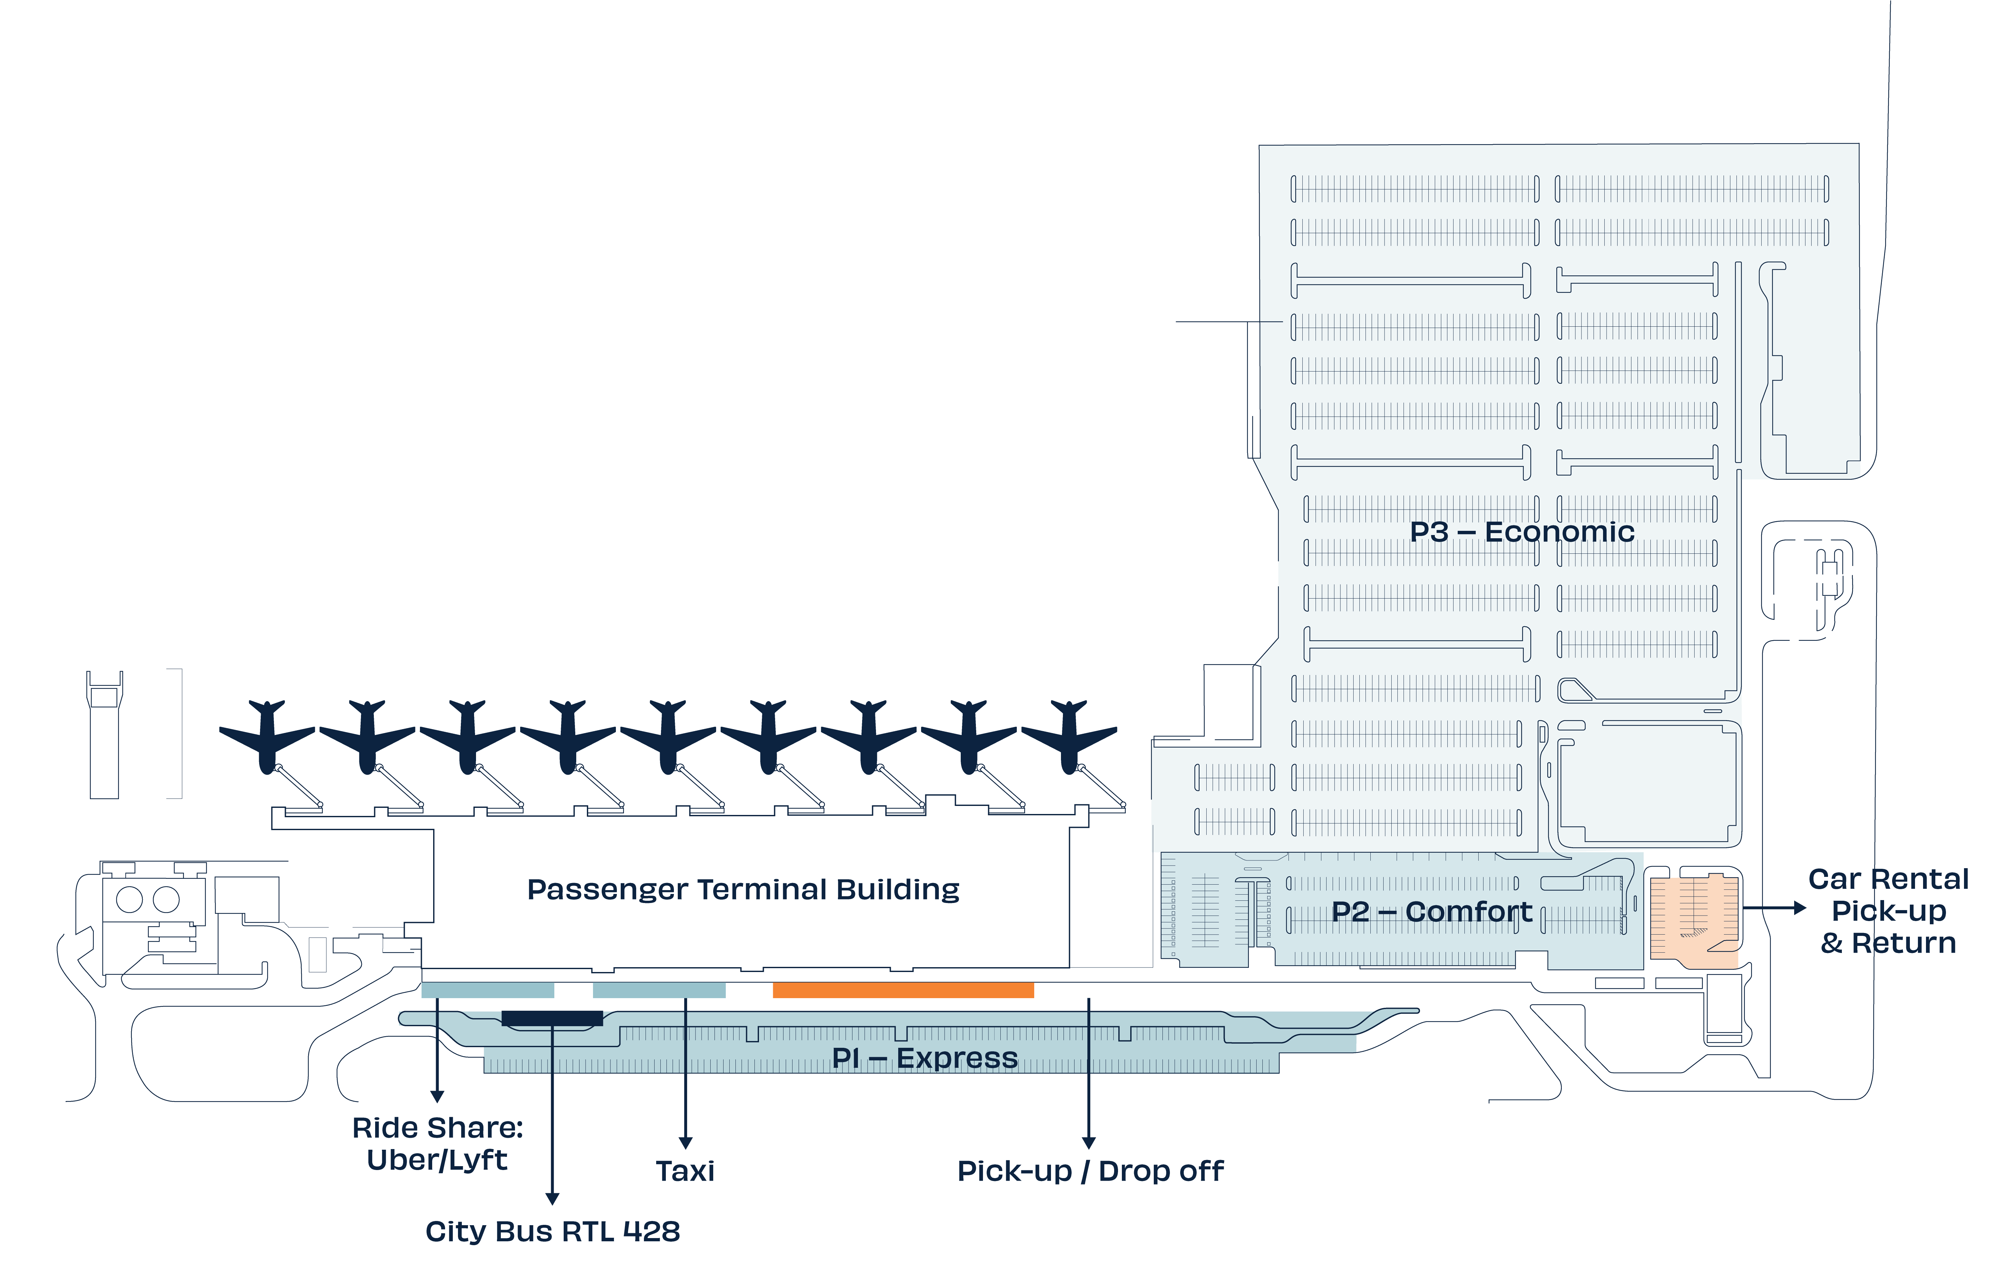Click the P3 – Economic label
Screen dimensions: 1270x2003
1522,532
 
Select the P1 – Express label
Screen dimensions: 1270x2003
924,1058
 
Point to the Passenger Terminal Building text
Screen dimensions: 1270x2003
743,890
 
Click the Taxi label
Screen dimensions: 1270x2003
685,1171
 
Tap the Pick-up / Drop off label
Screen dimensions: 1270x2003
1090,1171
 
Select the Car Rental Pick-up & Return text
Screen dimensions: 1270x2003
1888,911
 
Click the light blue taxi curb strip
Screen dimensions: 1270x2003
659,989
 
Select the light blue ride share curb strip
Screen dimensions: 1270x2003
487,989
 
